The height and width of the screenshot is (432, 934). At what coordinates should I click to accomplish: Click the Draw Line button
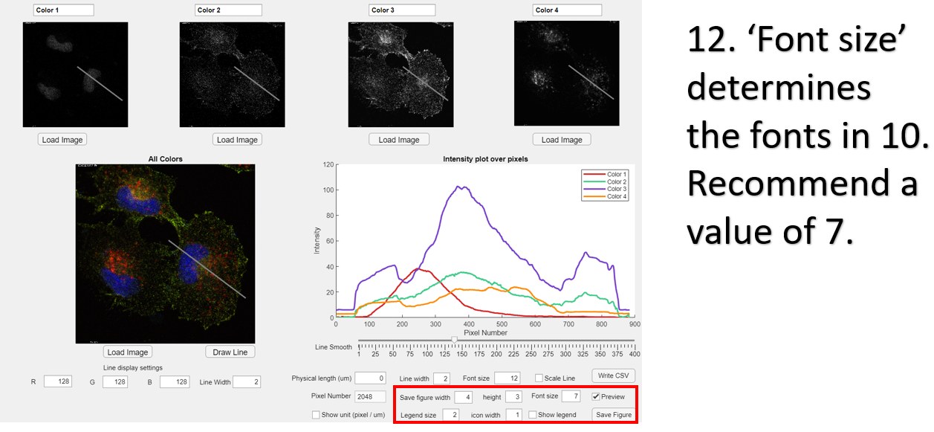tap(230, 352)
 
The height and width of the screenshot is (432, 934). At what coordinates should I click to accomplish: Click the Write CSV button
tap(614, 375)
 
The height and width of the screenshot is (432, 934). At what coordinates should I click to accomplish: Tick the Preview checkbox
tap(596, 396)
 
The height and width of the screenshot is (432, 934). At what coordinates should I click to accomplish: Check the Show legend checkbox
tap(533, 415)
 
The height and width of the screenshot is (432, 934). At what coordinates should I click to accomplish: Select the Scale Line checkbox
tap(539, 378)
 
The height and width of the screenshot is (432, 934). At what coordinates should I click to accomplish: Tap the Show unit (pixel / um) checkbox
tap(316, 415)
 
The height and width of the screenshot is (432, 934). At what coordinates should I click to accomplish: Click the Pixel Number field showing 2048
tap(370, 396)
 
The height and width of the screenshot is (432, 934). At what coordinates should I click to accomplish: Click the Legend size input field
tap(451, 415)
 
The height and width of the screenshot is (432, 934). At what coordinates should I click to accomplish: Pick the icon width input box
tap(514, 415)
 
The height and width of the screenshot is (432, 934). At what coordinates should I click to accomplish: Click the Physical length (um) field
tap(370, 378)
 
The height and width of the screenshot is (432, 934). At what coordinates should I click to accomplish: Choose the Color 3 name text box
tap(402, 10)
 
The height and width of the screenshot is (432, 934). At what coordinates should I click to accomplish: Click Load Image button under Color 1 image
tap(62, 140)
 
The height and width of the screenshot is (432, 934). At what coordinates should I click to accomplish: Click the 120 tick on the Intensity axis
tap(327, 165)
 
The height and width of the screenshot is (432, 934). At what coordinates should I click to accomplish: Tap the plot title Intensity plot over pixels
tap(485, 159)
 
